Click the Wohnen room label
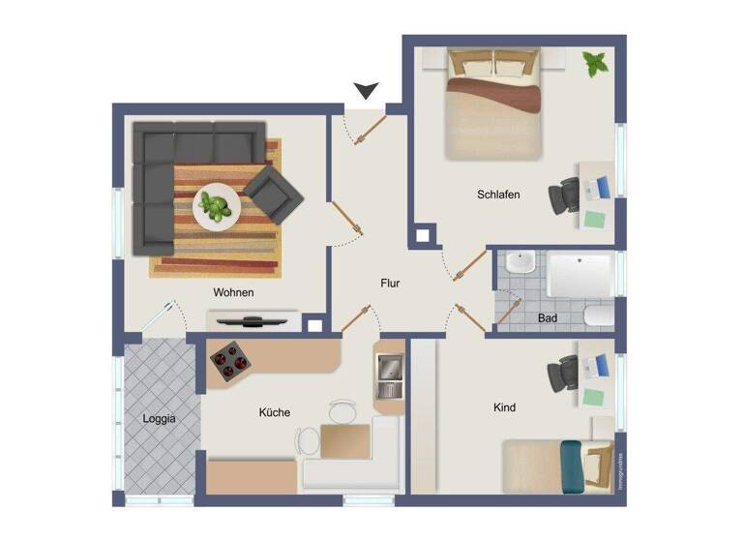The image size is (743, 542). [233, 292]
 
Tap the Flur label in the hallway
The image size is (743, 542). [389, 284]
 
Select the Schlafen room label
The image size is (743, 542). [498, 195]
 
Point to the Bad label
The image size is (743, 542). [547, 317]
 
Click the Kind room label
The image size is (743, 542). [504, 408]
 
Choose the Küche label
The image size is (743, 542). [274, 413]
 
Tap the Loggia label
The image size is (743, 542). [159, 420]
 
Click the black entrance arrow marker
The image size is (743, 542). [365, 92]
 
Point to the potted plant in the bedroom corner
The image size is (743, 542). [595, 66]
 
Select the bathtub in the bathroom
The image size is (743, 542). [580, 274]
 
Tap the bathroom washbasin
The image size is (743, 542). [520, 263]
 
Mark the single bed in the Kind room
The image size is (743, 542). [556, 465]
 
